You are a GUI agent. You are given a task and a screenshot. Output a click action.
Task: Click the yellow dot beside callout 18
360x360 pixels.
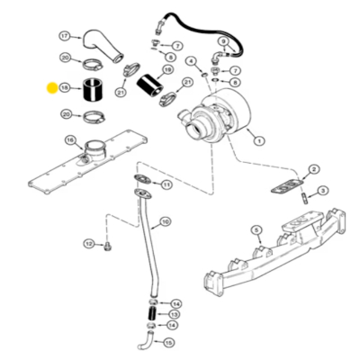(x=51, y=88)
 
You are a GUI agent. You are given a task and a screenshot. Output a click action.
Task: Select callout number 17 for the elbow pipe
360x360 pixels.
(x=64, y=36)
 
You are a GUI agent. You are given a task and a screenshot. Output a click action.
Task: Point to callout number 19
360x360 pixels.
(x=167, y=69)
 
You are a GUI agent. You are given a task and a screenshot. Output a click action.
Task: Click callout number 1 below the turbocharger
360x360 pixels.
(x=259, y=140)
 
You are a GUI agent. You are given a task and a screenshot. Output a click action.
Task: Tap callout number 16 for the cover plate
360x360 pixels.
(x=69, y=139)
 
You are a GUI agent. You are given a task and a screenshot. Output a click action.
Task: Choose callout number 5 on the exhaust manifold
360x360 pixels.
(x=256, y=230)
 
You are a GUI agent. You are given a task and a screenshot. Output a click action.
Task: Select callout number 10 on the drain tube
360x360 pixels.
(x=165, y=222)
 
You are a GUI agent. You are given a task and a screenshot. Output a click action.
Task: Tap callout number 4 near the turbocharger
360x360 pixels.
(x=191, y=60)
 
